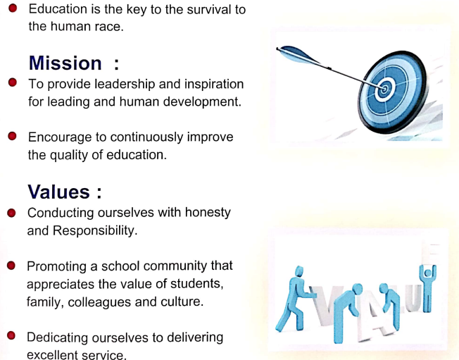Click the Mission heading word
click(65, 63)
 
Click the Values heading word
click(58, 192)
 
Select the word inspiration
click(214, 85)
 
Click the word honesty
click(208, 213)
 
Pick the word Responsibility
click(95, 231)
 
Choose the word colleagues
click(99, 302)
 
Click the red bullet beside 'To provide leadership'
click(13, 82)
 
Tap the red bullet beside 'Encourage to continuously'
click(12, 136)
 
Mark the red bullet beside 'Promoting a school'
click(11, 266)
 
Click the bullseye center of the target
click(384, 89)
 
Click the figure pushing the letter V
click(294, 299)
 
